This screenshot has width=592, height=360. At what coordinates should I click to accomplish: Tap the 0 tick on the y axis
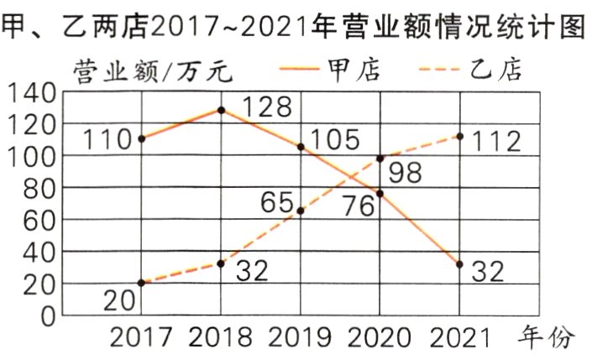48,316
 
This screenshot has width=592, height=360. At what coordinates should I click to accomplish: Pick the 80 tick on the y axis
39,189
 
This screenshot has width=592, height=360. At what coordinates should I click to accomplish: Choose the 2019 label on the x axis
301,337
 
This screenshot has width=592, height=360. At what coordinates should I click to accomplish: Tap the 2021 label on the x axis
460,337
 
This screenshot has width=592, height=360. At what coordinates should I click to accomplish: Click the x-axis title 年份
550,337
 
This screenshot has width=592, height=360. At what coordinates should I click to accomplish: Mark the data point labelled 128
221,110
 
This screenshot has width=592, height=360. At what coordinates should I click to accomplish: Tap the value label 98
406,172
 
